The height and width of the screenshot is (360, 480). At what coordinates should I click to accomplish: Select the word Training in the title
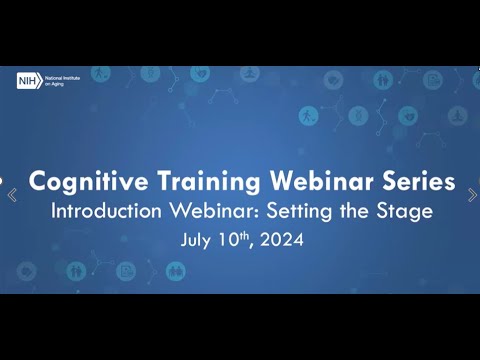[x=206, y=183]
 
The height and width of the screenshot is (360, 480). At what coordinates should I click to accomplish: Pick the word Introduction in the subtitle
[x=105, y=212]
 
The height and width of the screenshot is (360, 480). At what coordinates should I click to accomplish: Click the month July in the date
[x=197, y=240]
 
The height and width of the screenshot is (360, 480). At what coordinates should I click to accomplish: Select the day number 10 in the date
[x=228, y=240]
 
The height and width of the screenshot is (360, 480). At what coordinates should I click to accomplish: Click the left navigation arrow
[x=12, y=195]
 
